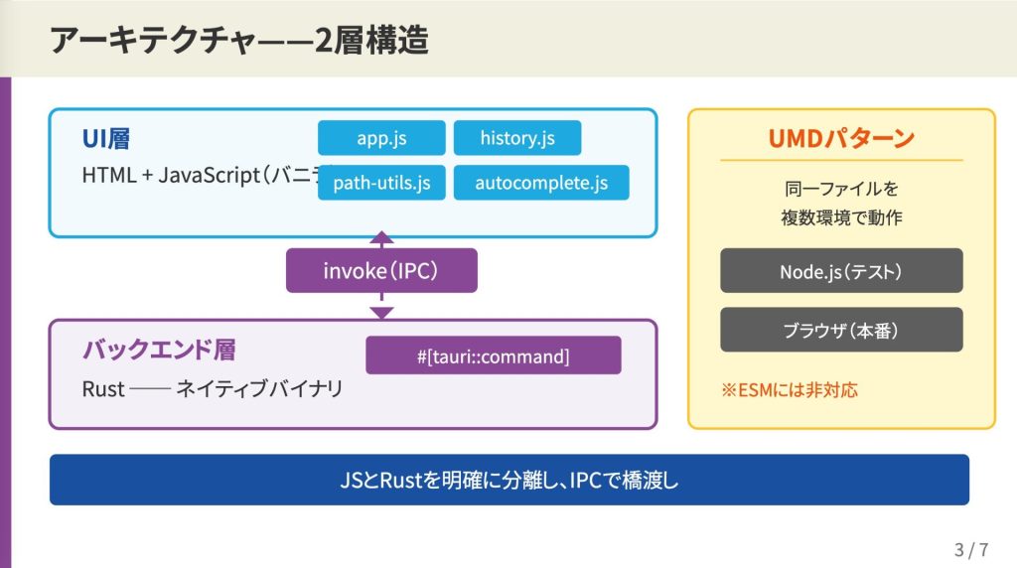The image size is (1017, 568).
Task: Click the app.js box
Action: pos(381,138)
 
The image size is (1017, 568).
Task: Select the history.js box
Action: pos(516,138)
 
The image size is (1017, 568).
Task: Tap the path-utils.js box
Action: pos(381,183)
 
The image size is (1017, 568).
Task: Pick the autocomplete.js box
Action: pos(541,183)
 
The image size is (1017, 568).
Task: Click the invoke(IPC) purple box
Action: pos(381,270)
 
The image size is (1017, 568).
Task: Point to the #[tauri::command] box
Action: pos(493,355)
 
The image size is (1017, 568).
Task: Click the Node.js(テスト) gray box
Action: pos(841,270)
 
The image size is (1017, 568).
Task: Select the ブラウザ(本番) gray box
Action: pos(841,330)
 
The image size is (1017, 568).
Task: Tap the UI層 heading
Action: pos(106,139)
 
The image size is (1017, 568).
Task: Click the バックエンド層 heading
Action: pos(159,350)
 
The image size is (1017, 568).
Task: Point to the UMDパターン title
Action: pos(841,138)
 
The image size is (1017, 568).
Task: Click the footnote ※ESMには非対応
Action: pos(790,389)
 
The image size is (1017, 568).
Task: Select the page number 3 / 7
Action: pos(971,549)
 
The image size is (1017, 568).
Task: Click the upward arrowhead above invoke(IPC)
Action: pos(381,238)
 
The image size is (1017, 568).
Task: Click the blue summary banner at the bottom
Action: pos(508,480)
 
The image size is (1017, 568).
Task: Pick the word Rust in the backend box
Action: pos(103,389)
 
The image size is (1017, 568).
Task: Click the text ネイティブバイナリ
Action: pos(259,389)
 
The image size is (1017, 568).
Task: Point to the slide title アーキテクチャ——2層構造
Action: pos(238,40)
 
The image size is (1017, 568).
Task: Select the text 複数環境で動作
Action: pos(841,216)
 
